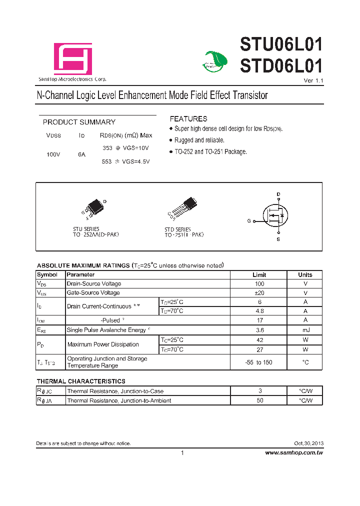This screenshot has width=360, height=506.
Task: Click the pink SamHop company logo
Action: pyautogui.click(x=73, y=59)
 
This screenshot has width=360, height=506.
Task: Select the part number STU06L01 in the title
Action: pyautogui.click(x=281, y=44)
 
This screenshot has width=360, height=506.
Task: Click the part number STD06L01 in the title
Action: pyautogui.click(x=281, y=66)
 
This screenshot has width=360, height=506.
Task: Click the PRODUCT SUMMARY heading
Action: pyautogui.click(x=79, y=122)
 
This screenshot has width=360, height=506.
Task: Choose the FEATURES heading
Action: pyautogui.click(x=188, y=119)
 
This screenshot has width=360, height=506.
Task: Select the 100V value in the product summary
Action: pyautogui.click(x=53, y=154)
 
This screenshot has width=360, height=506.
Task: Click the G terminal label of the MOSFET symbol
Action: pyautogui.click(x=249, y=220)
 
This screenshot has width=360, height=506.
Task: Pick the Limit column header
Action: pyautogui.click(x=259, y=274)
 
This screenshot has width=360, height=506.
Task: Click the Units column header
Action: pyautogui.click(x=305, y=274)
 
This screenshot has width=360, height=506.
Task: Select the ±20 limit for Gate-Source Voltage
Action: pyautogui.click(x=259, y=292)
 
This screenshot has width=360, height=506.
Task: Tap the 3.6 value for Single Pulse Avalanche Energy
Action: pyautogui.click(x=259, y=330)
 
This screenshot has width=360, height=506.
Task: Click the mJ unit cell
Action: pyautogui.click(x=305, y=330)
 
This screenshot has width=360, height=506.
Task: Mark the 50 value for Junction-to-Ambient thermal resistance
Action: pyautogui.click(x=259, y=400)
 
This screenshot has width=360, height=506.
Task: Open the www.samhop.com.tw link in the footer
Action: pyautogui.click(x=294, y=452)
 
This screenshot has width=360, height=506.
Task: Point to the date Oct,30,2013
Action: pyautogui.click(x=308, y=443)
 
